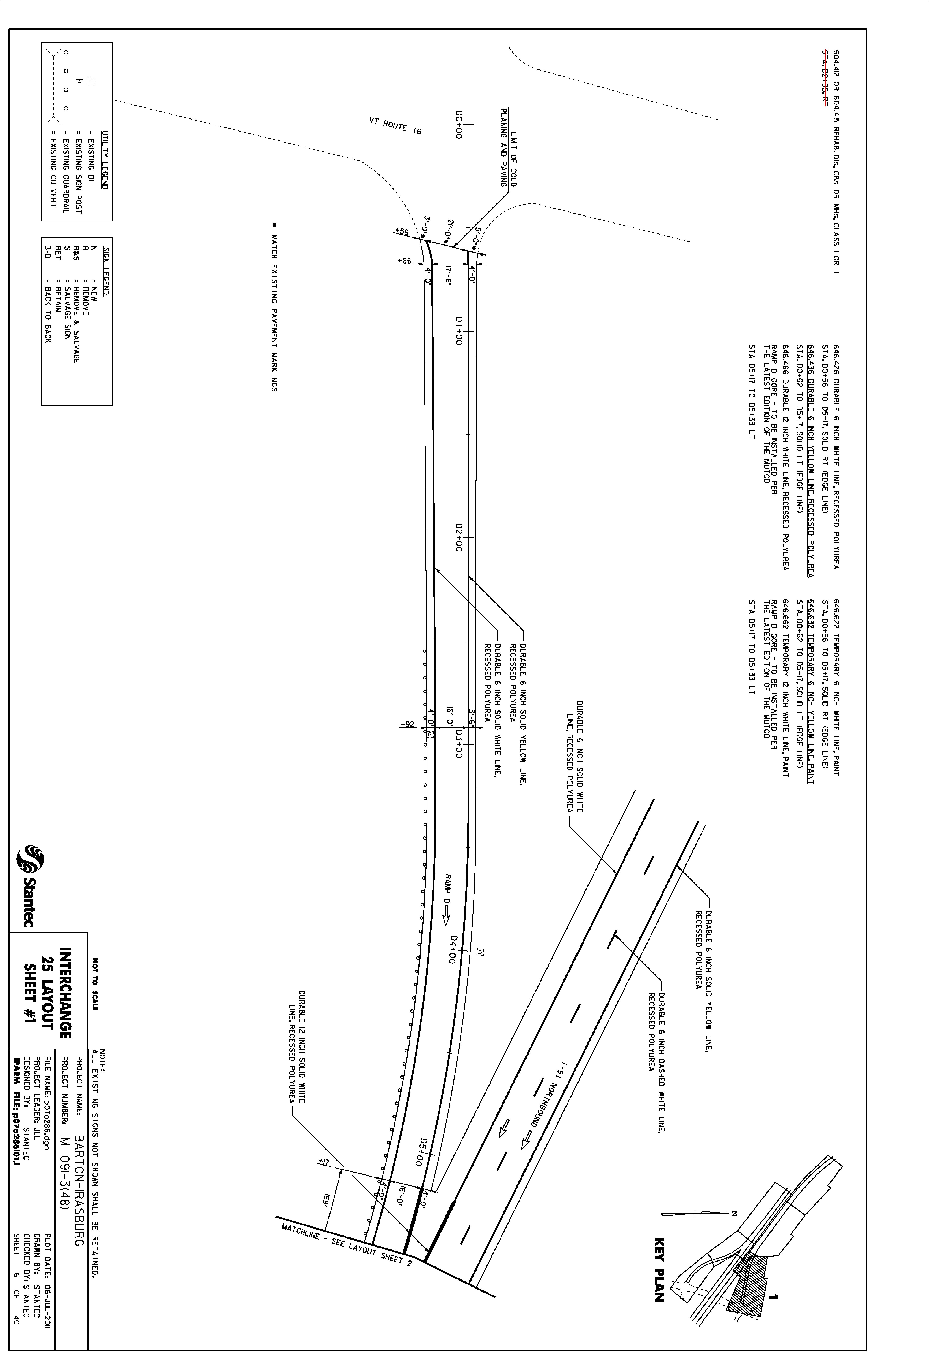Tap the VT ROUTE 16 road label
click(395, 126)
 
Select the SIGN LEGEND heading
click(106, 270)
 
